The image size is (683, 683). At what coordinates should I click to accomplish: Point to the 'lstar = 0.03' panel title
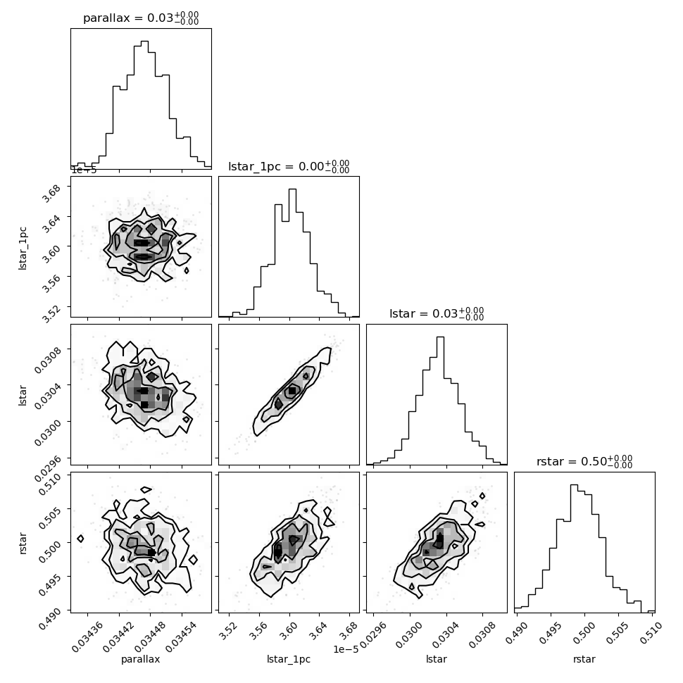(423, 313)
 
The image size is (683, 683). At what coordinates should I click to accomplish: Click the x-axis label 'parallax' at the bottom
(141, 659)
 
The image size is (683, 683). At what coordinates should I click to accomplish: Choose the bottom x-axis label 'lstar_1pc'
(289, 659)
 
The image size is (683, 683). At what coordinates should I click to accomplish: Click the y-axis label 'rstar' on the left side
(23, 543)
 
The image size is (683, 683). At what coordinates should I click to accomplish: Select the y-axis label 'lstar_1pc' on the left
(23, 249)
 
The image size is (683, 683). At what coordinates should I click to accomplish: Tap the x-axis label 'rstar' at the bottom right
(584, 659)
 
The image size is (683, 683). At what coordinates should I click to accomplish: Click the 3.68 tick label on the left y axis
(51, 192)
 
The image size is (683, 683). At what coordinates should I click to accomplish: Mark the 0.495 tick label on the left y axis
(49, 584)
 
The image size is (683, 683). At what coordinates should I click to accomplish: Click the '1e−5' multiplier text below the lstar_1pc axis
(346, 649)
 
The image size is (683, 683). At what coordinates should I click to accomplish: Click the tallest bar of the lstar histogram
(440, 401)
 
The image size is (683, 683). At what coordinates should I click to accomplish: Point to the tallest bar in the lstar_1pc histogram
(292, 253)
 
